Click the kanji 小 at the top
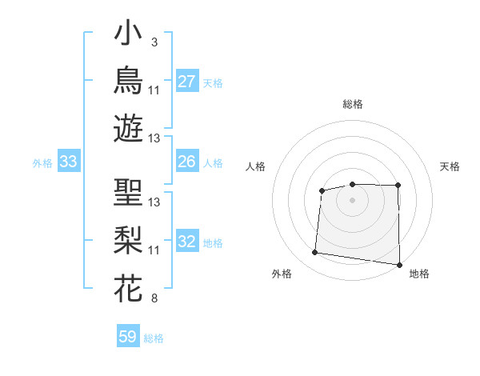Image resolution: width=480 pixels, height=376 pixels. pyautogui.click(x=128, y=32)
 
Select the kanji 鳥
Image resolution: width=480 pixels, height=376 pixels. pyautogui.click(x=128, y=80)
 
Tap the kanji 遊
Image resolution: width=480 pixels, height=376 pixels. pyautogui.click(x=128, y=128)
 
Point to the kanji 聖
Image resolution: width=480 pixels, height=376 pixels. pyautogui.click(x=128, y=192)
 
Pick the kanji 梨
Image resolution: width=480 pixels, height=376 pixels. pyautogui.click(x=128, y=240)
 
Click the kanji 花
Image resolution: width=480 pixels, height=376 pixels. pyautogui.click(x=128, y=288)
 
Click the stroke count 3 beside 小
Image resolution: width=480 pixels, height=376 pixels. pyautogui.click(x=154, y=42)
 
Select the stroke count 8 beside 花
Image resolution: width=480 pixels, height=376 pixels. pyautogui.click(x=154, y=298)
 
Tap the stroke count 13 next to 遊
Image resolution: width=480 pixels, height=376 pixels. pyautogui.click(x=154, y=138)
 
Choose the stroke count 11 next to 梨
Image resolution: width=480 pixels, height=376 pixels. pyautogui.click(x=154, y=250)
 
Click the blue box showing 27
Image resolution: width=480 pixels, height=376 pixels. pyautogui.click(x=187, y=81)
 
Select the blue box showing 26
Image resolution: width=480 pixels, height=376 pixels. pyautogui.click(x=187, y=161)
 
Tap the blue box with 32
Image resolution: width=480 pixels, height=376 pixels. pyautogui.click(x=187, y=240)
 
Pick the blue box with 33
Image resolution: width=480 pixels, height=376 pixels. pyautogui.click(x=69, y=161)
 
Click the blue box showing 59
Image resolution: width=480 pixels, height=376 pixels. pyautogui.click(x=128, y=335)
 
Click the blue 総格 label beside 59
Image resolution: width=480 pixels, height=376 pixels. pyautogui.click(x=154, y=338)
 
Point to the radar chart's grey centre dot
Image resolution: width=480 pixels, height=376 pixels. pyautogui.click(x=352, y=200)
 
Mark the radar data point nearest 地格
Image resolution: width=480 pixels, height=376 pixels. pyautogui.click(x=399, y=265)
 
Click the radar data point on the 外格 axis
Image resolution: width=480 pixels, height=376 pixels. pyautogui.click(x=314, y=252)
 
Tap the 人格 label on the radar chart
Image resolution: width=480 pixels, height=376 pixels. pyautogui.click(x=255, y=166)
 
